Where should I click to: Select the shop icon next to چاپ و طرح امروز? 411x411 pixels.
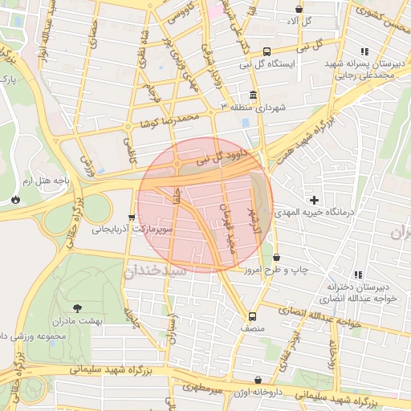click(277, 258)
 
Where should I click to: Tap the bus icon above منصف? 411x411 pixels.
click(253, 315)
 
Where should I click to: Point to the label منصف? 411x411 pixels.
click(252, 328)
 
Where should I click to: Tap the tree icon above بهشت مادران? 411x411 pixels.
click(77, 307)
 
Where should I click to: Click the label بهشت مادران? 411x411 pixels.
click(79, 320)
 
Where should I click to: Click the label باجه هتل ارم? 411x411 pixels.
click(47, 181)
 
